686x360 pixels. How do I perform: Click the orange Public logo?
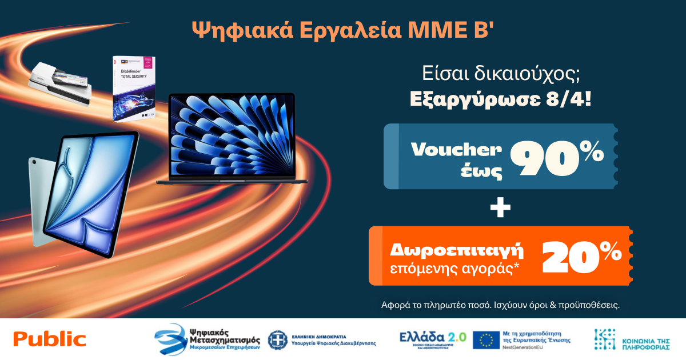point(50,339)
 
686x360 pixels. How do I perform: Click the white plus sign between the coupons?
point(501,210)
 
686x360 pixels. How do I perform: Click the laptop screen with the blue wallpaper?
point(232,135)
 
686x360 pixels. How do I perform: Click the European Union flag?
point(486,340)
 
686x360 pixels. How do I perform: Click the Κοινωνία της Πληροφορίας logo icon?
point(606,339)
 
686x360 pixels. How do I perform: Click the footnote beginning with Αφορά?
point(500,305)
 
